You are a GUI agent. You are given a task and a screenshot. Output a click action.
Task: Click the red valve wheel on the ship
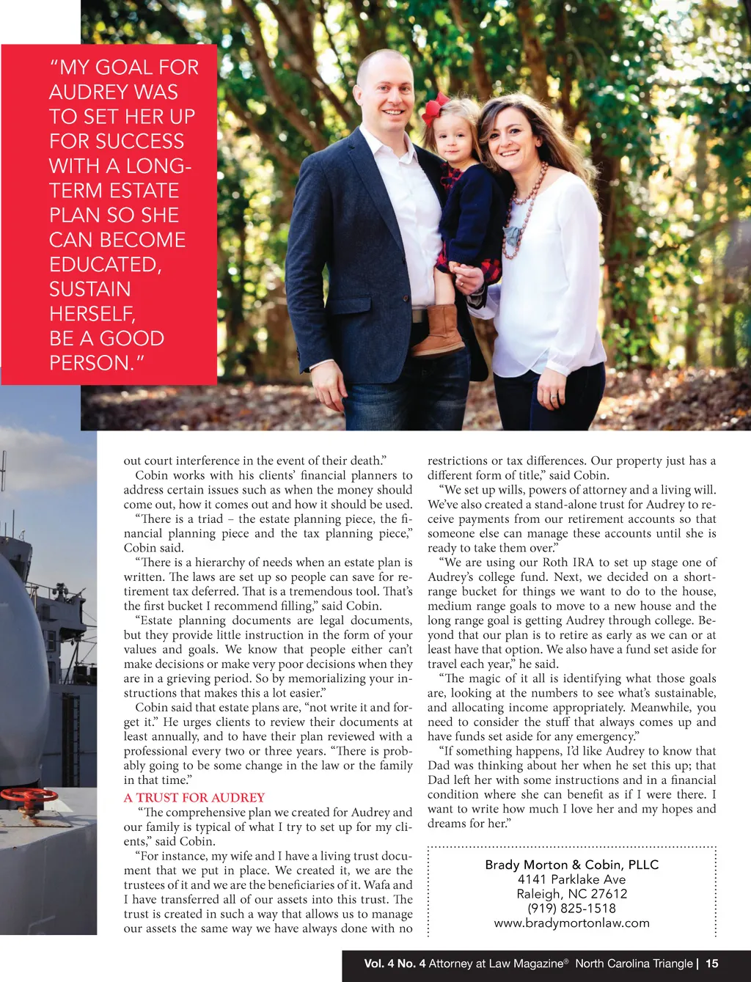point(28,796)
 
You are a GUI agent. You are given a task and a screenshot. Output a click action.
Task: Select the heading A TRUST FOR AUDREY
point(194,797)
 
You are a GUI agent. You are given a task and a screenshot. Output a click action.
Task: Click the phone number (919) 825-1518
point(571,908)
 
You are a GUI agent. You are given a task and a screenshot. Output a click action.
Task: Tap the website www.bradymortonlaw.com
point(571,923)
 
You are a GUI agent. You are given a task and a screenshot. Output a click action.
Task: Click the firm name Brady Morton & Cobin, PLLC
point(571,865)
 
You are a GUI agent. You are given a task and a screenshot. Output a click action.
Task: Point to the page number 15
point(712,964)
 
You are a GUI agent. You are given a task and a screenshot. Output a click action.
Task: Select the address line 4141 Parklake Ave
point(571,879)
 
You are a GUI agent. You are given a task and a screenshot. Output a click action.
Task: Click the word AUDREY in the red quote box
point(114,92)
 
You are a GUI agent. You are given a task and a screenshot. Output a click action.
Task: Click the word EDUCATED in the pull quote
point(105,264)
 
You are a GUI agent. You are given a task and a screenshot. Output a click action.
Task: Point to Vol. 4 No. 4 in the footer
point(395,964)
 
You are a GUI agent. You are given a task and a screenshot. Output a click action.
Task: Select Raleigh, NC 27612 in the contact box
point(571,894)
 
